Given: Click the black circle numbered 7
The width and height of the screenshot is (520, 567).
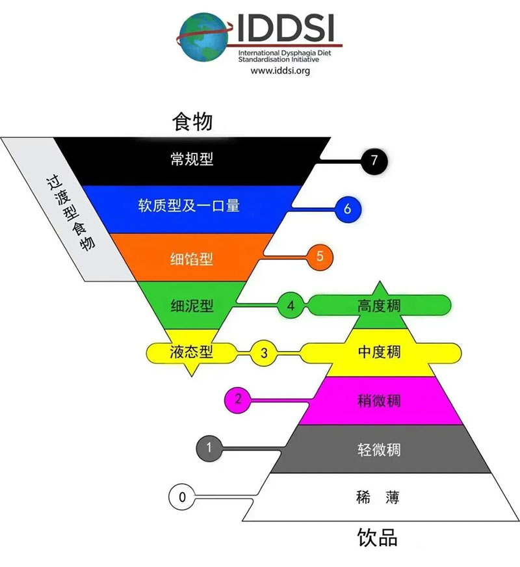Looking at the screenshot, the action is pos(374,161).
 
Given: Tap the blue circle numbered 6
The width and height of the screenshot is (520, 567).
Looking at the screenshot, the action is pos(348,209).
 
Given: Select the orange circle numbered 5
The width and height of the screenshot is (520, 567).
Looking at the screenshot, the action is pos(320,257).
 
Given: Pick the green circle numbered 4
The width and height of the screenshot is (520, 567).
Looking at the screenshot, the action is pos(291,306).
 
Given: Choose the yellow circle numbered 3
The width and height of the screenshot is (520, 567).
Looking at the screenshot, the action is pos(264,353).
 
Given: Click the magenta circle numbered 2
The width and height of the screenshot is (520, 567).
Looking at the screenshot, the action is pos(238,400).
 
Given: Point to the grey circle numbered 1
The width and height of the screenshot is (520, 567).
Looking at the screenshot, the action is pos(209,449).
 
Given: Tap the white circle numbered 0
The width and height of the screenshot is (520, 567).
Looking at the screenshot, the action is pos(182,497).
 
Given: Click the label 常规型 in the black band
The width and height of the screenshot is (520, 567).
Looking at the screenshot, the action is pos(192,159).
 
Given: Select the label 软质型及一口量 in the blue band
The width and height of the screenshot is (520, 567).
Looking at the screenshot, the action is pos(188,205).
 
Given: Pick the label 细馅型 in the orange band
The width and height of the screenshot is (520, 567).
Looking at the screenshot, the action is pos(192,259).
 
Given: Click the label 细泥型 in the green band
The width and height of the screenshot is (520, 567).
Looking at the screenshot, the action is pos(192,306).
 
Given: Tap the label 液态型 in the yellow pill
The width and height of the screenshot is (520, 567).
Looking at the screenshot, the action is pos(191,352).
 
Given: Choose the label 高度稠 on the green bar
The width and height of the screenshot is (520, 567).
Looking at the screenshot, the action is pos(379,306).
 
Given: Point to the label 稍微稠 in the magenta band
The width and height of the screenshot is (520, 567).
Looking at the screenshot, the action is pos(379,401).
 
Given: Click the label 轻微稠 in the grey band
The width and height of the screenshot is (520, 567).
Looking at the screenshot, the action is pos(379,449).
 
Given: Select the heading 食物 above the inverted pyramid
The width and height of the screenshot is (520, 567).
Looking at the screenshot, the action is pos(192,122).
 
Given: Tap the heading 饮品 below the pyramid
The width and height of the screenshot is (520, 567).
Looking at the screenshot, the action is pos(378,538).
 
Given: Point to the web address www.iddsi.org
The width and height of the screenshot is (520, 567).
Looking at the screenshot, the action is pos(280,70).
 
